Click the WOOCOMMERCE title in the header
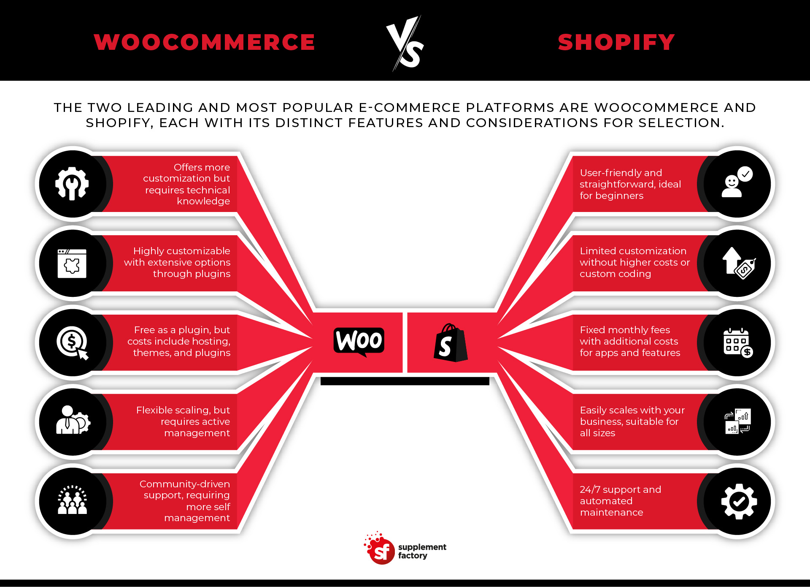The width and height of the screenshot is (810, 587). click(x=205, y=42)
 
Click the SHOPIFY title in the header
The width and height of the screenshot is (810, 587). click(x=616, y=42)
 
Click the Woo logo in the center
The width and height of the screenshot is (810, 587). click(x=359, y=340)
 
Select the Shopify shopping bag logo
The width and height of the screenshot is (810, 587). click(x=450, y=343)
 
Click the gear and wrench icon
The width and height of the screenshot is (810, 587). click(x=72, y=183)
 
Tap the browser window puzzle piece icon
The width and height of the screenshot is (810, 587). click(x=72, y=263)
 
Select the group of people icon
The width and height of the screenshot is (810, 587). click(x=72, y=500)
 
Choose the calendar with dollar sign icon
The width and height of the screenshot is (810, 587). click(x=738, y=342)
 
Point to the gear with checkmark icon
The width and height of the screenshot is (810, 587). click(x=739, y=501)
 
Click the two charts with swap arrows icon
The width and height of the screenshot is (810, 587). click(x=738, y=421)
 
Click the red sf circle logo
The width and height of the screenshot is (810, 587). click(x=381, y=551)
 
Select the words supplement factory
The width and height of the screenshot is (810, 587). click(x=422, y=551)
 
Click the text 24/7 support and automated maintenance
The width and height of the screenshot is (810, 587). click(x=620, y=501)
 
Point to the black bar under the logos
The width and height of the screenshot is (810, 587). click(x=405, y=381)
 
